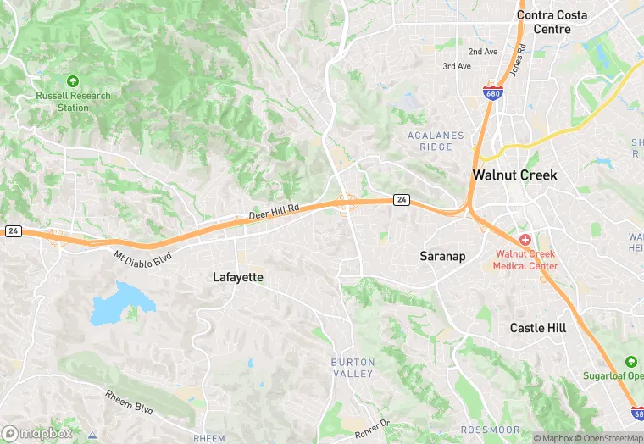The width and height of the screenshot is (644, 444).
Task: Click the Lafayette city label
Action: click(x=237, y=277)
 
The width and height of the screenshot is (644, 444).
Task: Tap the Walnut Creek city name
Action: click(x=514, y=175)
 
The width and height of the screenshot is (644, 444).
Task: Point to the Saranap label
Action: click(x=442, y=255)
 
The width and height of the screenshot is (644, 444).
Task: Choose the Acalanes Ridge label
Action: click(x=436, y=141)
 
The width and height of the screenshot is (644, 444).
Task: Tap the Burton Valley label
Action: click(x=352, y=368)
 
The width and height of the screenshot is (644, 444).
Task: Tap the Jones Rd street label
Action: click(x=517, y=61)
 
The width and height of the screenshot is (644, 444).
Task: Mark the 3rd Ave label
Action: click(x=457, y=66)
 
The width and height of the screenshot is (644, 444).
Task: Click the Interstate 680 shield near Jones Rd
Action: click(x=492, y=92)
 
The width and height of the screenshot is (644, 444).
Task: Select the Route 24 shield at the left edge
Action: click(x=13, y=230)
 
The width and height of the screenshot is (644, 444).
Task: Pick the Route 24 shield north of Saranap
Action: click(x=402, y=200)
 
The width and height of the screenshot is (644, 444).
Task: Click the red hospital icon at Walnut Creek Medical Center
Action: click(x=525, y=240)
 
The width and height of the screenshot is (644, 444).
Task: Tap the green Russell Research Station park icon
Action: click(x=73, y=81)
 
